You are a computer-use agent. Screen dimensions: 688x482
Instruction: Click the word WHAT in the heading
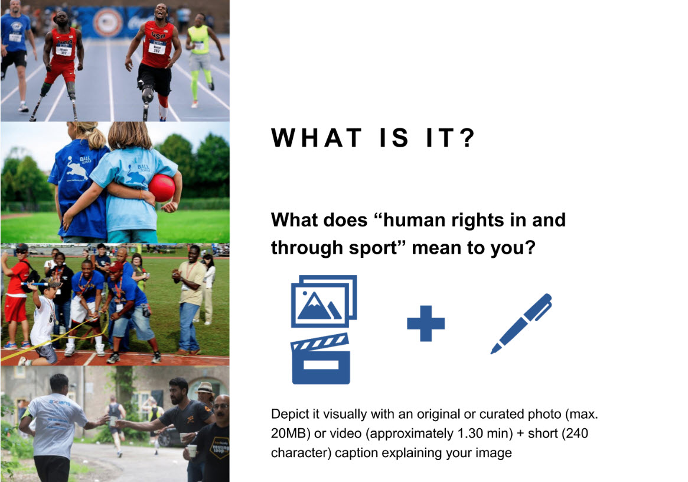click(317, 138)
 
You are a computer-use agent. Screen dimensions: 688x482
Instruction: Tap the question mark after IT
click(468, 138)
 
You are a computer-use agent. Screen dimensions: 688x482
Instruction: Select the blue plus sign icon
click(426, 324)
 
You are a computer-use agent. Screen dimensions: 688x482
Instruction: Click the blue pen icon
click(521, 324)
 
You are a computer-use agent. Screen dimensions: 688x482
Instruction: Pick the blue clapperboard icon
click(321, 358)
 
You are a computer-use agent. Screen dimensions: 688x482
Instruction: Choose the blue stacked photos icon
click(324, 301)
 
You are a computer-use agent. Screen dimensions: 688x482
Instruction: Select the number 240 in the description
click(575, 434)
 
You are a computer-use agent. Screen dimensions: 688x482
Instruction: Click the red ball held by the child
click(161, 188)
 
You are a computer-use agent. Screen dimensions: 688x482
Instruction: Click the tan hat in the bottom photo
click(205, 388)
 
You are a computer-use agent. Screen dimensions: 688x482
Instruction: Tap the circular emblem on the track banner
click(108, 22)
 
